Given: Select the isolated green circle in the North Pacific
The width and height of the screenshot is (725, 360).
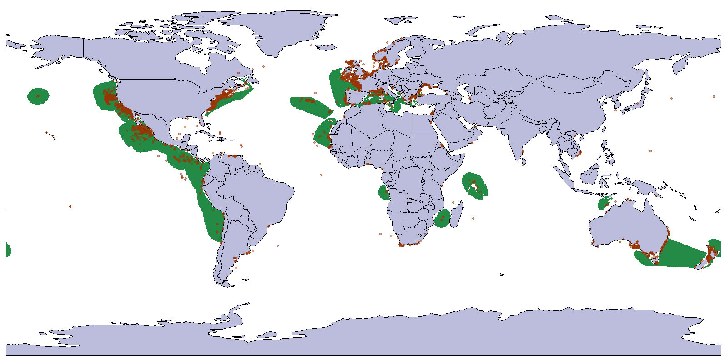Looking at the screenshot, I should [x=38, y=96].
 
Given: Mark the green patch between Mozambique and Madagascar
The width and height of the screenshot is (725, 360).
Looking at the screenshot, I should [x=442, y=219].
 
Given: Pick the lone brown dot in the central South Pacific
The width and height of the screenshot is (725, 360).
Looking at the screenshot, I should [x=70, y=206].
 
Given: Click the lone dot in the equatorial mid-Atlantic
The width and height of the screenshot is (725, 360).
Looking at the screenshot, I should [x=321, y=175].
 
